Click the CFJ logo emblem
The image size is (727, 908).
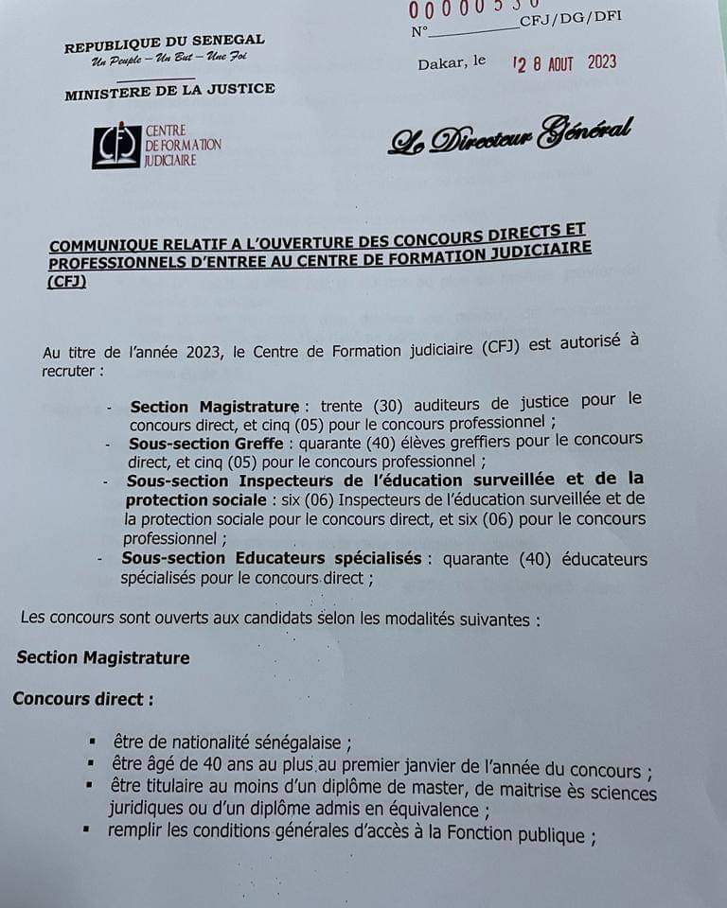point(115,146)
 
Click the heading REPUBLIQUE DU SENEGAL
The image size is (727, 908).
point(164,44)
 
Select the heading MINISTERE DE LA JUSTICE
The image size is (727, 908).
point(169,91)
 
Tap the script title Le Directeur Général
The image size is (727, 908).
point(510,136)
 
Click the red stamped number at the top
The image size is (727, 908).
point(473,9)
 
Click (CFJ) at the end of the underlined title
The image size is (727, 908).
point(65,281)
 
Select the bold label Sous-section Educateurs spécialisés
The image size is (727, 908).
point(272,558)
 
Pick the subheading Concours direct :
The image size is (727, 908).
point(82,699)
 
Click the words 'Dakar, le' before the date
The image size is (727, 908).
point(452,62)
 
